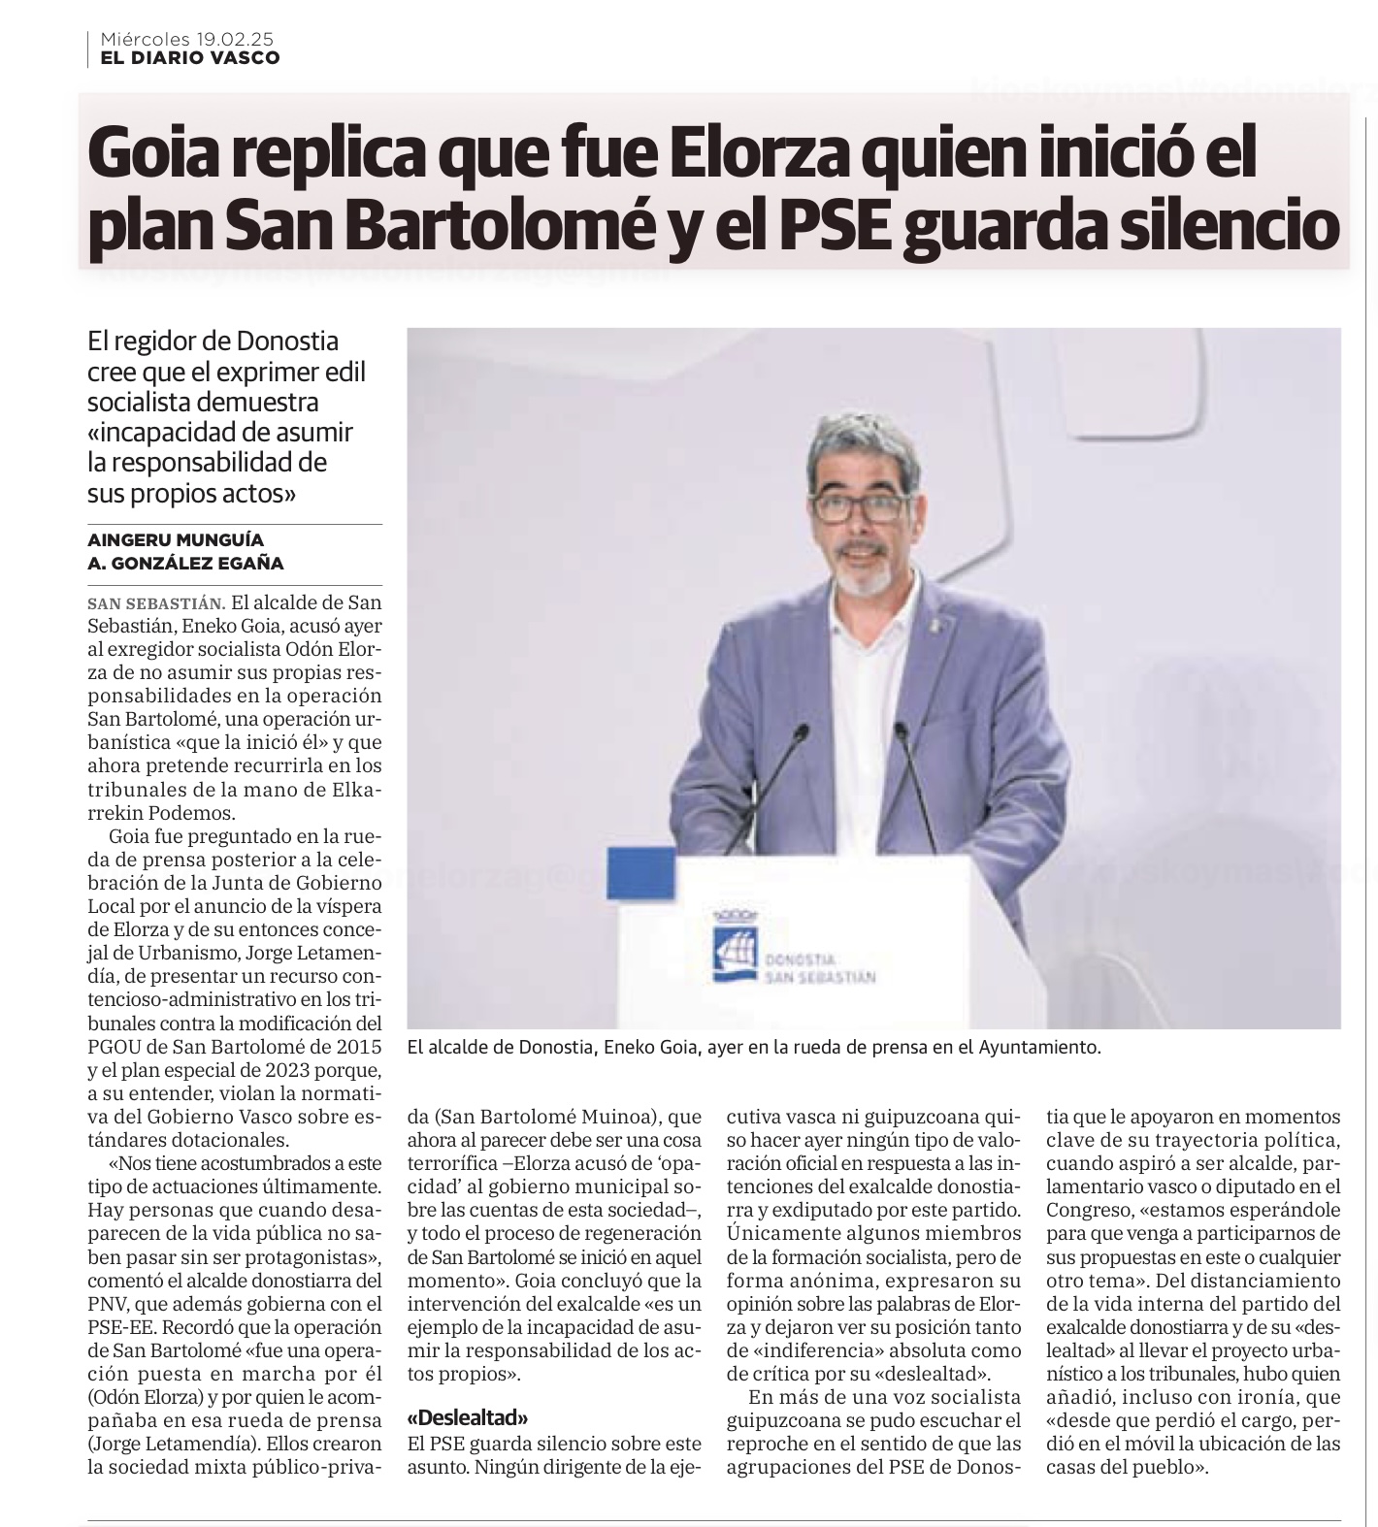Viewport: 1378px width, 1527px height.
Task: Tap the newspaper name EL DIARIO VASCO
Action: [x=190, y=58]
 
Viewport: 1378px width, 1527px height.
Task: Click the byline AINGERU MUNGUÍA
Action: [x=176, y=539]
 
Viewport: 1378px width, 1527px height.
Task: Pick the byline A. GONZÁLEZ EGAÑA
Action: [x=185, y=563]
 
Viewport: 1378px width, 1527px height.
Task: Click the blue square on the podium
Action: [x=640, y=873]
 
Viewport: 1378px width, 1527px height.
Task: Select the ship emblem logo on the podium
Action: [x=733, y=952]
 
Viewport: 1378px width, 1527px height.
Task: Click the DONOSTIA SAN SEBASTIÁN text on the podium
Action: [x=819, y=967]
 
